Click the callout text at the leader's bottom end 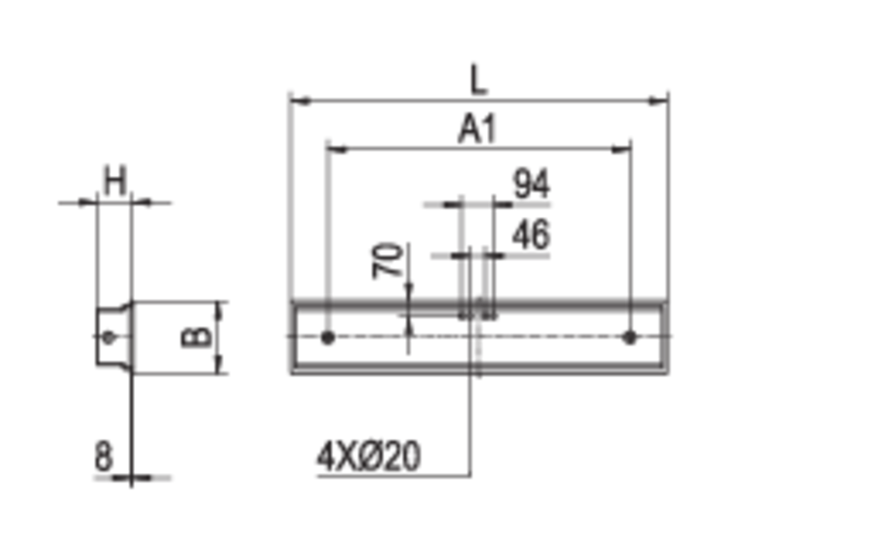pos(367,460)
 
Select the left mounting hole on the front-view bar pos(327,337)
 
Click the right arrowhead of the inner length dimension pos(622,145)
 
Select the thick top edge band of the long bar pos(479,304)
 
